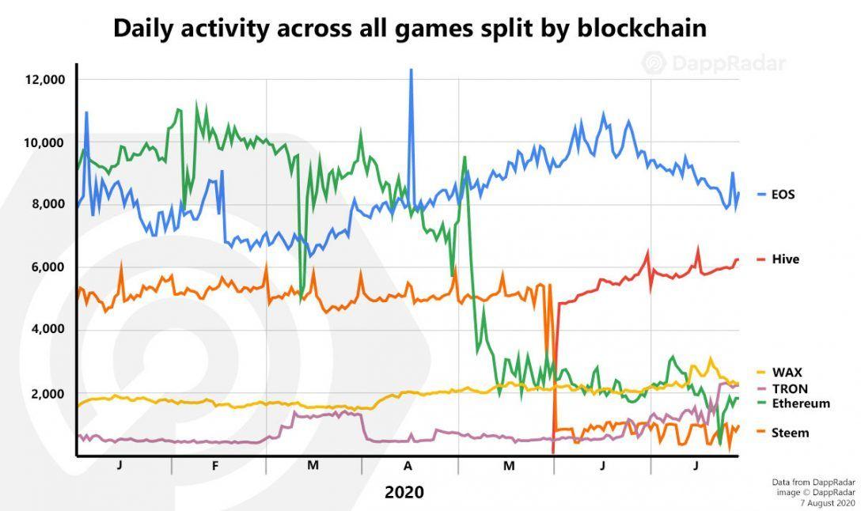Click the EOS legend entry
click(x=782, y=194)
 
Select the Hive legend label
click(x=784, y=259)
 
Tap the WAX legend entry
click(x=786, y=372)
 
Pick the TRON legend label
click(x=789, y=388)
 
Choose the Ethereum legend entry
click(x=800, y=403)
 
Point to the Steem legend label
click(x=789, y=433)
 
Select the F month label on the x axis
click(x=215, y=466)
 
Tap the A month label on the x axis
click(x=408, y=466)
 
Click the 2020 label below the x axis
click(x=404, y=492)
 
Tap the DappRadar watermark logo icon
click(x=654, y=62)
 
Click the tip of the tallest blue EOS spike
click(x=411, y=70)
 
